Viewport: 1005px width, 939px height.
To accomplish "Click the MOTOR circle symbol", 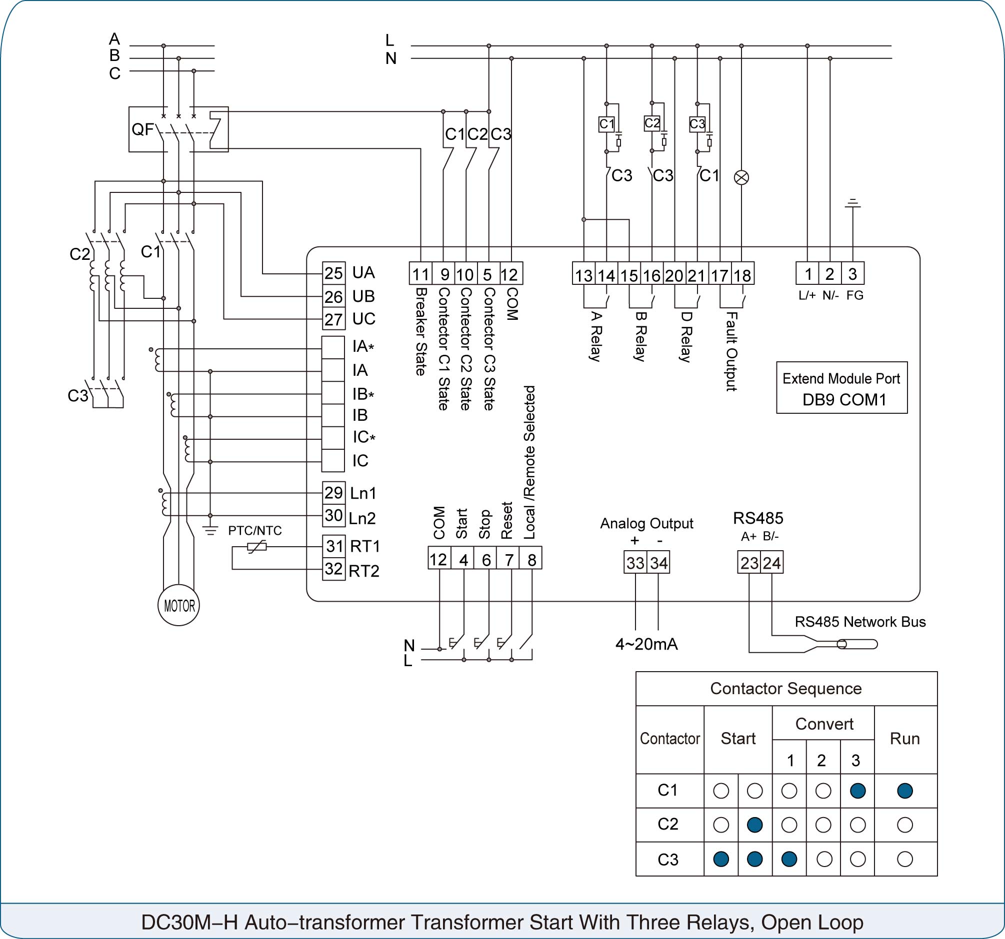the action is pos(178,605).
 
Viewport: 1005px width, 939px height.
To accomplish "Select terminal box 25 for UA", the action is pos(333,273).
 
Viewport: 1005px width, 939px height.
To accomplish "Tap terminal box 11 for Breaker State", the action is pos(420,273).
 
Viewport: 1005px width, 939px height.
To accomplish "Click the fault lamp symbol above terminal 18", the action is pos(741,177).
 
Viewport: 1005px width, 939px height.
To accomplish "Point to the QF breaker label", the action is pos(142,129).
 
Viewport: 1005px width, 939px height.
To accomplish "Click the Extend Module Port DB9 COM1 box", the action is pos(841,388).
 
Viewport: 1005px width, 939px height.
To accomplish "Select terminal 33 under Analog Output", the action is pos(635,563).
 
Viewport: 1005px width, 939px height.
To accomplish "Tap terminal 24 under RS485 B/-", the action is pos(772,563).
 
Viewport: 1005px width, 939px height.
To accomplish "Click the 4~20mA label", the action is pos(646,644).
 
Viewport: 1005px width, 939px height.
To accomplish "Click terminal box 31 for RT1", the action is pos(333,546).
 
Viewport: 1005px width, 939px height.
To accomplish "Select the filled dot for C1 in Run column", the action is pos(905,791).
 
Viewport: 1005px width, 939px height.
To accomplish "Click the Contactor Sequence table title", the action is pos(786,688).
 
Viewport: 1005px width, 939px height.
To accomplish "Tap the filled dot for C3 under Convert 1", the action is pos(789,859).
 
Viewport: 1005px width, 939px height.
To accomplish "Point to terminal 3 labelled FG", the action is pos(853,273).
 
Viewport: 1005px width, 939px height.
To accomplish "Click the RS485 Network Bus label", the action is pos(860,622).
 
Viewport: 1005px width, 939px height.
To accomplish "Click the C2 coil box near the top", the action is pos(652,123).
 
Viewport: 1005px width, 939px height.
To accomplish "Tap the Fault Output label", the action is pos(731,352).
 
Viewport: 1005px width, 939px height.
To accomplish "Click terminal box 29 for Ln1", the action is pos(333,493).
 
